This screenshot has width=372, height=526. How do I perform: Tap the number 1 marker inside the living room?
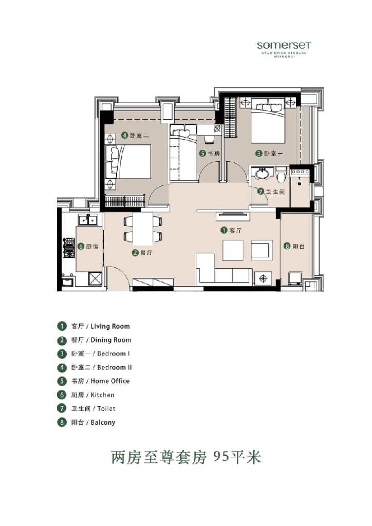tap(224, 231)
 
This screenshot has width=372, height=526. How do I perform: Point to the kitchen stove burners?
tap(68, 247)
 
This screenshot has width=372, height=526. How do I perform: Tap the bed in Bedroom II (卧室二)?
tap(128, 161)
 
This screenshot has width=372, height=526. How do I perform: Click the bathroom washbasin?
tap(261, 173)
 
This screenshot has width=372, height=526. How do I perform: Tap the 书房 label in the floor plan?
tap(214, 153)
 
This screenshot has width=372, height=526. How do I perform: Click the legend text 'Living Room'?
tap(110, 326)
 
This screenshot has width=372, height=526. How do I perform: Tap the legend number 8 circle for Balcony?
tap(62, 423)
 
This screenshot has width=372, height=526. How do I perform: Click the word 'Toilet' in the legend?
tap(103, 409)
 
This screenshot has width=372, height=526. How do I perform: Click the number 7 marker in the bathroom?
tap(261, 192)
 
